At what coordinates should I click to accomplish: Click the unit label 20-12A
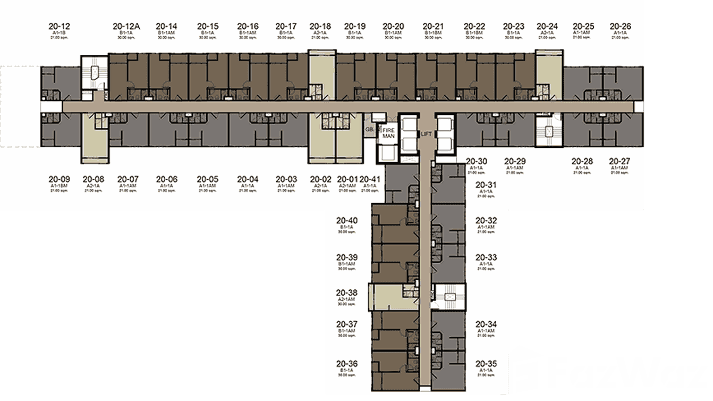(126, 26)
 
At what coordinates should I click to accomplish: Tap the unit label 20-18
(320, 26)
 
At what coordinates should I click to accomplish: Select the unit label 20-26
(620, 26)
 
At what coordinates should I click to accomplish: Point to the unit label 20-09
(59, 179)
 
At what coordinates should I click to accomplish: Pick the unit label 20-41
(370, 179)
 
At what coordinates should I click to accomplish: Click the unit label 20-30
(476, 161)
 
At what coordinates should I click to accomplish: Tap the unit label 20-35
(486, 364)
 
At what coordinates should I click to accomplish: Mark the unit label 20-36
(346, 364)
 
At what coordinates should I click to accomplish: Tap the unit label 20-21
(433, 26)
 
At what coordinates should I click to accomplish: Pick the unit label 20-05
(207, 179)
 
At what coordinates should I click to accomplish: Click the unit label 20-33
(486, 257)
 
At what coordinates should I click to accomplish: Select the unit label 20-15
(207, 26)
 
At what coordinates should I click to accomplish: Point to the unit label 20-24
(547, 26)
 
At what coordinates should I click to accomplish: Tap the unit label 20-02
(320, 179)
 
